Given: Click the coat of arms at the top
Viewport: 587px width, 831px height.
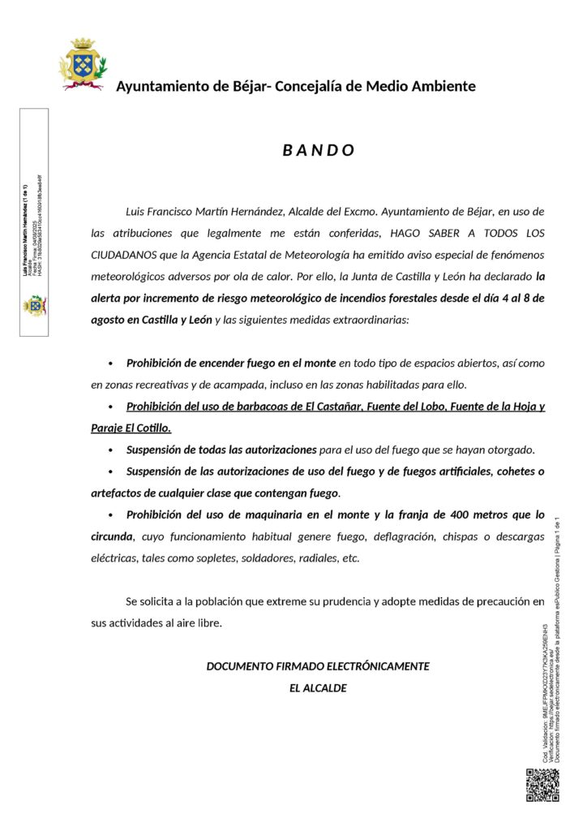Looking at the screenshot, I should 82,63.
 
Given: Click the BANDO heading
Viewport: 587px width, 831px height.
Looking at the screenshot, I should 319,150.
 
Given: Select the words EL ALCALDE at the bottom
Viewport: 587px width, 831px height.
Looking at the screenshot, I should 318,688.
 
